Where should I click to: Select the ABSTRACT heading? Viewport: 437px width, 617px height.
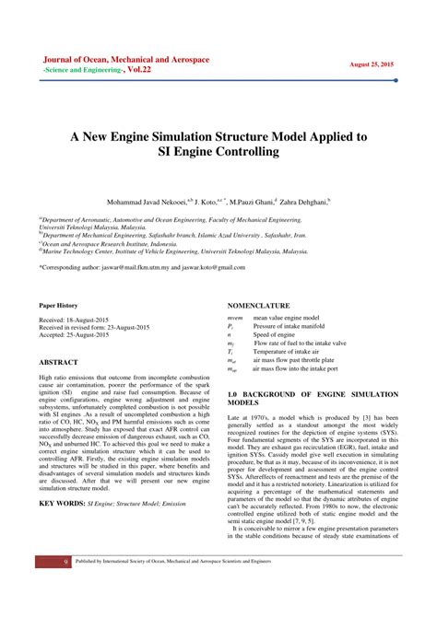tap(58, 363)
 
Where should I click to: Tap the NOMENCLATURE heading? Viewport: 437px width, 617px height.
tap(259, 305)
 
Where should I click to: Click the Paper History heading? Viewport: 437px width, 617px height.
tap(58, 305)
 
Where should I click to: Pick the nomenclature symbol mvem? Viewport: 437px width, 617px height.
tap(236, 318)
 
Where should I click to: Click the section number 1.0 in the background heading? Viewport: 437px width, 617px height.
tap(232, 393)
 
